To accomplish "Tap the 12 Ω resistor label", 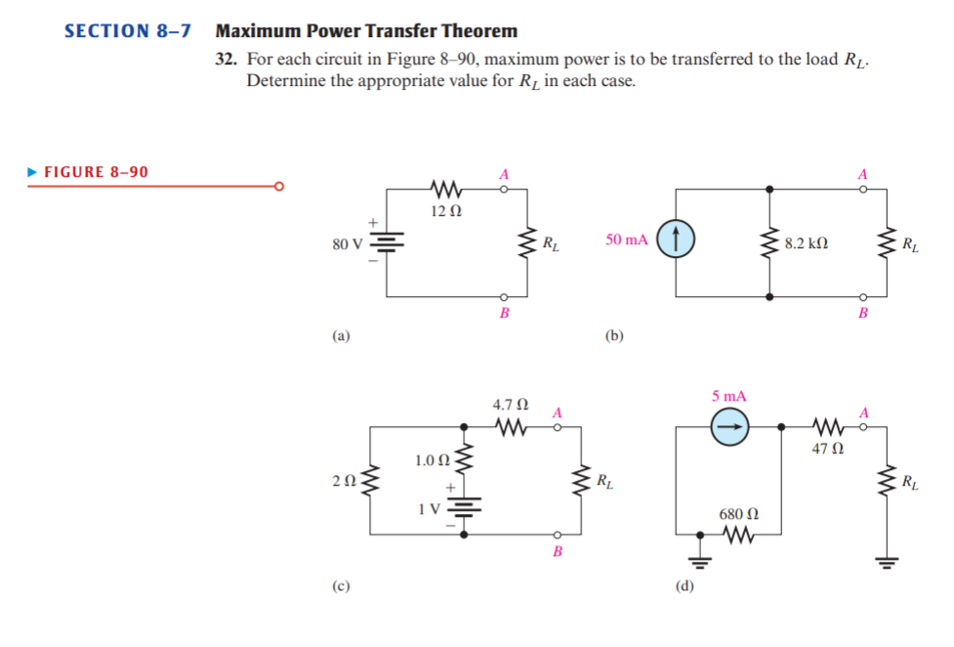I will pyautogui.click(x=444, y=210).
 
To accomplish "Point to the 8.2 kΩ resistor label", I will pyautogui.click(x=807, y=241).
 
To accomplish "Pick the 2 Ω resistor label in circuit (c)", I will pyautogui.click(x=341, y=480).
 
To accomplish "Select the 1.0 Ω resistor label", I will pyautogui.click(x=431, y=458).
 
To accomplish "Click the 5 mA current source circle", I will pyautogui.click(x=728, y=426).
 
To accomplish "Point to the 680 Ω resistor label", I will pyautogui.click(x=738, y=513).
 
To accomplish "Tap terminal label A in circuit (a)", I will pyautogui.click(x=504, y=173).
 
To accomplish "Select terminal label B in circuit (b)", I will pyautogui.click(x=862, y=313).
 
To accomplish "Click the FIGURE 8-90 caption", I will pyautogui.click(x=96, y=172).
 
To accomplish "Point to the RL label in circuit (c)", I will pyautogui.click(x=605, y=480).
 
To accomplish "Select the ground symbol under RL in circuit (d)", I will pyautogui.click(x=887, y=561).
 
